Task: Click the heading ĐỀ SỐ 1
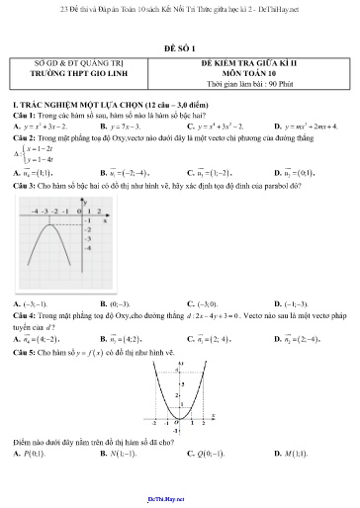pos(180,46)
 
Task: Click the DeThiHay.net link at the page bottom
pos(180,499)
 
